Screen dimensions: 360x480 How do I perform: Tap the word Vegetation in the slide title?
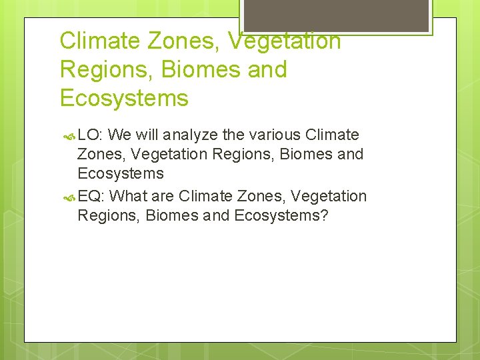tap(285, 41)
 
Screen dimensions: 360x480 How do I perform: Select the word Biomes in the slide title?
tap(193, 70)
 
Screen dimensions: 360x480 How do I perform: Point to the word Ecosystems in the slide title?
tap(124, 99)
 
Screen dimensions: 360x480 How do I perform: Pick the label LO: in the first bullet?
tap(90, 135)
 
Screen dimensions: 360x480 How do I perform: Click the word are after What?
tap(163, 197)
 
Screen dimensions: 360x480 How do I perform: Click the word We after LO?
tap(119, 135)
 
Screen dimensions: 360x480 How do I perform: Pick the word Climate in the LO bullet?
tap(332, 135)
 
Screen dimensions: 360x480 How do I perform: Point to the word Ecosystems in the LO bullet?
tap(120, 174)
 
